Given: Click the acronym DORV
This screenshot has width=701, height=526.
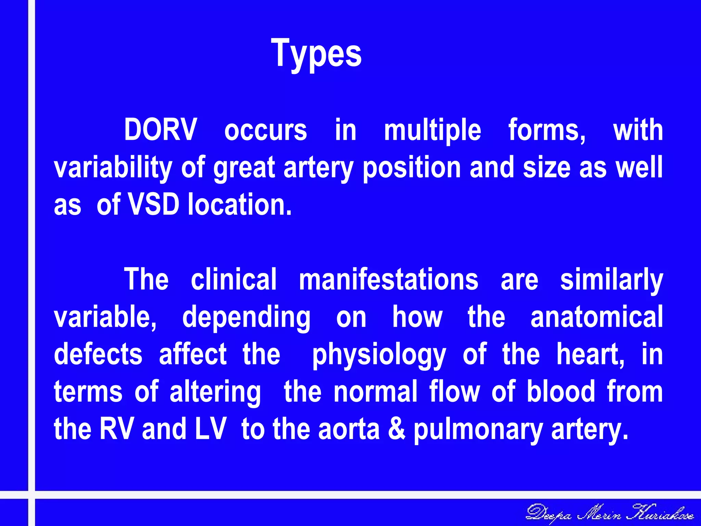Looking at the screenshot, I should (160, 130).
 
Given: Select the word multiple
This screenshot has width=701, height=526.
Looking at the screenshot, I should (432, 130).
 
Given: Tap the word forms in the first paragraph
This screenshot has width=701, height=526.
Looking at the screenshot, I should (547, 130).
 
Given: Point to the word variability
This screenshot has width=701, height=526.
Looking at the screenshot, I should (113, 168).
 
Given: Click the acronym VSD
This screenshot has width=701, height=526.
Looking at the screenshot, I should (153, 204).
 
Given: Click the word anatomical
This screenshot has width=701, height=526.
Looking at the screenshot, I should (597, 317).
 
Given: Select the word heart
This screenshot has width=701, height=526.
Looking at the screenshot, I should (590, 354).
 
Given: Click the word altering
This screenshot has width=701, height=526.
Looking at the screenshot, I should (215, 392).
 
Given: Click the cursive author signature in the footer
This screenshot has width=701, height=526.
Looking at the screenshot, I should (610, 514).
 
